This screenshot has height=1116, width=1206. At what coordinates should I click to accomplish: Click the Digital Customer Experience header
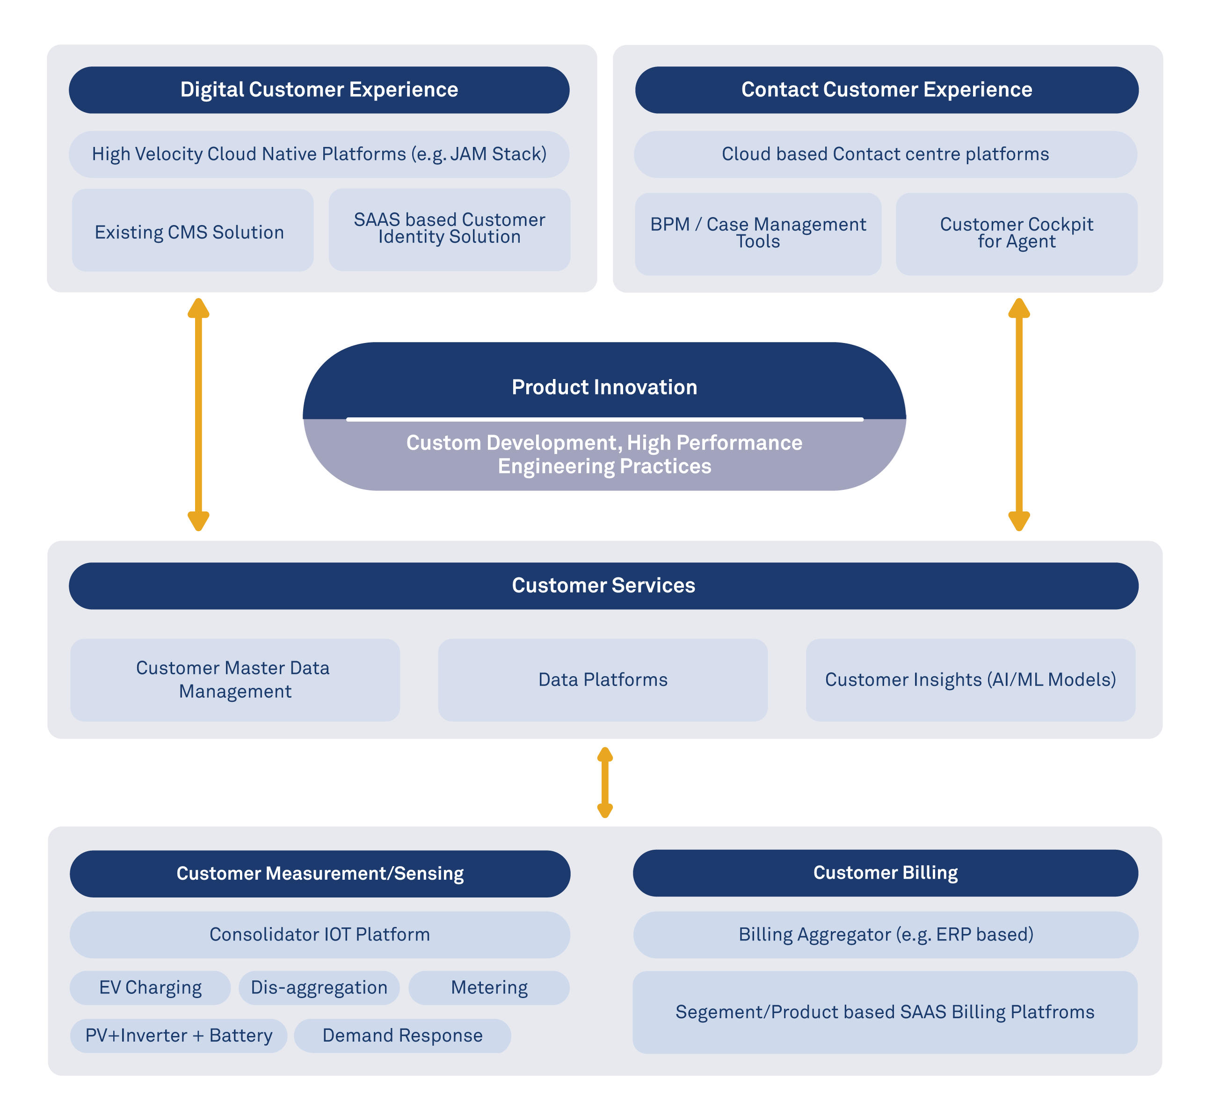tap(319, 89)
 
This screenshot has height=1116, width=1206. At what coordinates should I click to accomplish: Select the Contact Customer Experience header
tap(886, 89)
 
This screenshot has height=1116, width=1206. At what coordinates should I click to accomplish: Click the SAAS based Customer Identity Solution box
tap(449, 229)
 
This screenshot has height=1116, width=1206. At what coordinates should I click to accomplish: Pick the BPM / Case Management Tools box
tap(757, 233)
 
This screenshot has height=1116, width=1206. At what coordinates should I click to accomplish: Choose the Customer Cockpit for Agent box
tap(1017, 233)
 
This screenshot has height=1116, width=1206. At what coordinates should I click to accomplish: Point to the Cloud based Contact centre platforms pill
tap(885, 154)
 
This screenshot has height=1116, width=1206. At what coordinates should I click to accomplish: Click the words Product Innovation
tap(603, 387)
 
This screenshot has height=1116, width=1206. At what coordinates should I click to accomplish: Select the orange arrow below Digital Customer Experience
tap(198, 414)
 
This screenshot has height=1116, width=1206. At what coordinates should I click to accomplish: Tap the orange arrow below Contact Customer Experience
tap(1019, 414)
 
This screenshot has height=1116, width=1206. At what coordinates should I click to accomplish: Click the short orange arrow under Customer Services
tap(605, 782)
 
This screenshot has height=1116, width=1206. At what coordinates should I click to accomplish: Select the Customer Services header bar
tap(603, 585)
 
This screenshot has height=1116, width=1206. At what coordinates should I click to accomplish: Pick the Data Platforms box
tap(603, 679)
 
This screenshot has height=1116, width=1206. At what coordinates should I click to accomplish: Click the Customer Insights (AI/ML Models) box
tap(970, 679)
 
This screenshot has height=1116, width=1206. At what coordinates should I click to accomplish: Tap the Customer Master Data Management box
tap(235, 679)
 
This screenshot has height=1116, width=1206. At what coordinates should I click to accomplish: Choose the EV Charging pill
tap(150, 987)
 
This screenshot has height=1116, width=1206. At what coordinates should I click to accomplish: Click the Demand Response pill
tap(402, 1036)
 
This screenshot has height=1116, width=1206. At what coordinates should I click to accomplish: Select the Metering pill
tap(489, 987)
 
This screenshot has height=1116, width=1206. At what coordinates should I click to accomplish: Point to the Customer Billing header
tap(885, 873)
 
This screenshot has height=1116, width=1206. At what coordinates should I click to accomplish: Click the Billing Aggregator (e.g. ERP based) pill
tap(885, 934)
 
